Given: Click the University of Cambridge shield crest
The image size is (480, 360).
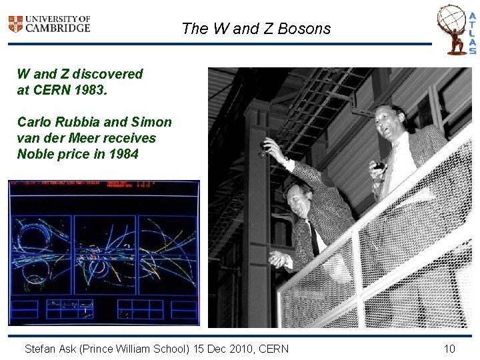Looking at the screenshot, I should tap(15, 24).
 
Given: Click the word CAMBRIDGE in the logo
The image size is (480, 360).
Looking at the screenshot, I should tap(59, 29).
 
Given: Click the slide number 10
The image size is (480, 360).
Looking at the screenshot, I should tap(449, 349).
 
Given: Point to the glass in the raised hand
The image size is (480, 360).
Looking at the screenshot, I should tap(266, 149).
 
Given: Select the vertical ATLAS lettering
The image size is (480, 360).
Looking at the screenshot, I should tap(472, 33).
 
